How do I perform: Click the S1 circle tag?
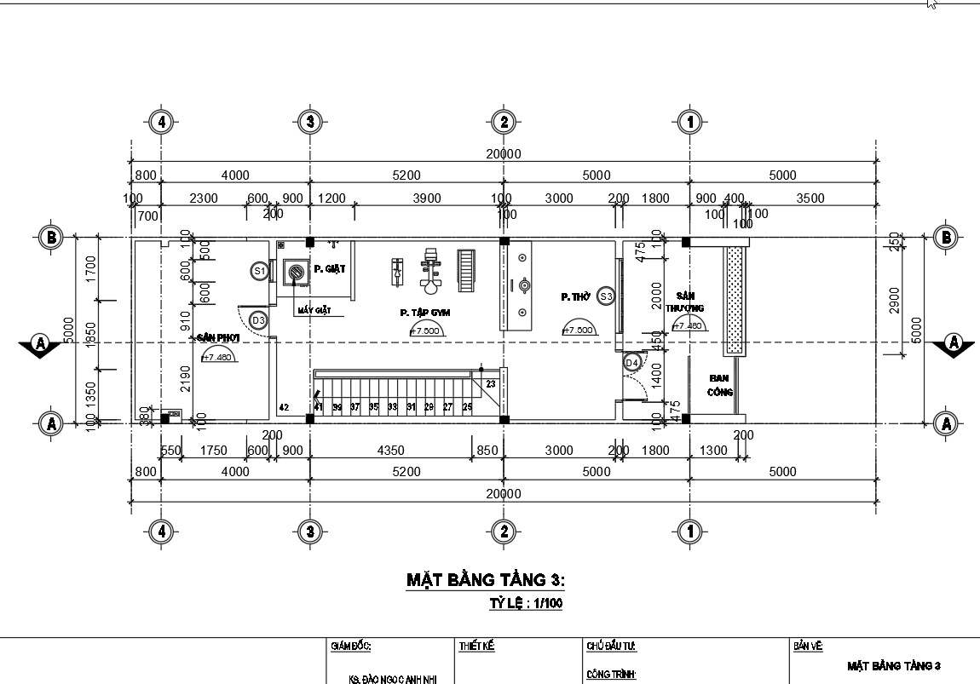[x=260, y=271]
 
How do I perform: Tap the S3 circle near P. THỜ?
[x=606, y=296]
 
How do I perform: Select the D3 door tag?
[x=259, y=320]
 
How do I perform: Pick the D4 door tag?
[x=631, y=364]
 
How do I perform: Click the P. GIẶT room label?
[x=329, y=269]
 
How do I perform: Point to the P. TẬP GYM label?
[x=425, y=313]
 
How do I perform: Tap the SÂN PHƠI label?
[x=218, y=338]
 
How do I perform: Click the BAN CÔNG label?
[x=721, y=385]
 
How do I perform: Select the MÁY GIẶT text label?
[x=314, y=310]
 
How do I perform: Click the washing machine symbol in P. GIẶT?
[x=296, y=273]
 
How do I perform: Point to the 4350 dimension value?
[x=390, y=451]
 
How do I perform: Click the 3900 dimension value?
[x=427, y=198]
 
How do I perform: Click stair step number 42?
[x=285, y=407]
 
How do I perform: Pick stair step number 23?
[x=490, y=384]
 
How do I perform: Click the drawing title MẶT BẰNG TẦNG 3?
[x=485, y=580]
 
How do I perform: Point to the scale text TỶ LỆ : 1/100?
[x=525, y=603]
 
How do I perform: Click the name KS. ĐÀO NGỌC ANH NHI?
[x=387, y=680]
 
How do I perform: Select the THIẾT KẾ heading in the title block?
[x=476, y=647]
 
